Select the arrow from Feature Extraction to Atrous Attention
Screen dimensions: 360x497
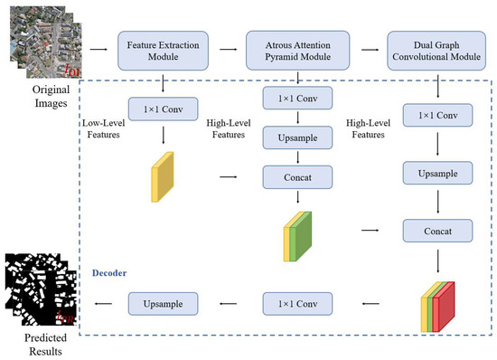(x=226, y=49)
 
